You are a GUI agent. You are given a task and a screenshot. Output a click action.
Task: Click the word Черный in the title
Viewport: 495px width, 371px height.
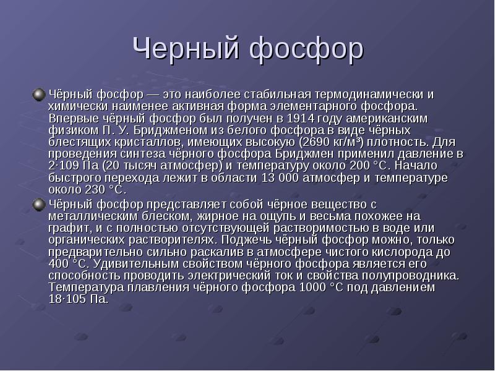click(x=186, y=48)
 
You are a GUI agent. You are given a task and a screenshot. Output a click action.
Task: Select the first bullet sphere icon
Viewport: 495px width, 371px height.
click(x=39, y=95)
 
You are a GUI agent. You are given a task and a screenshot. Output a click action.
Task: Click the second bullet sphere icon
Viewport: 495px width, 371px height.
click(x=39, y=205)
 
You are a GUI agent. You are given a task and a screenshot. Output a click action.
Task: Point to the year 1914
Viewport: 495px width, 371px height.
click(x=301, y=119)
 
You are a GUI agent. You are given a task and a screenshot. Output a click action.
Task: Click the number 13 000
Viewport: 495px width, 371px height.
click(x=280, y=178)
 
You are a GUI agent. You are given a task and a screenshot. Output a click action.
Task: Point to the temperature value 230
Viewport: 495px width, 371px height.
click(x=95, y=190)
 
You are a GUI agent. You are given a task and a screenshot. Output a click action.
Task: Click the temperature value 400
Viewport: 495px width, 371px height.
click(x=59, y=264)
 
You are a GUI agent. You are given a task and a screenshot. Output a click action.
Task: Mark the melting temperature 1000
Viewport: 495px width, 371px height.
click(x=312, y=288)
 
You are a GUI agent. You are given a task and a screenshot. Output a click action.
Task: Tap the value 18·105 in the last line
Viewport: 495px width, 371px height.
click(x=67, y=299)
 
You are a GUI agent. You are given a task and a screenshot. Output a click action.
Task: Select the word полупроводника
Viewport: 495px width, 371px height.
click(x=410, y=276)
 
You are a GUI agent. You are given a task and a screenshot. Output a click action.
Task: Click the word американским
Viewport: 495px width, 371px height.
click(x=387, y=119)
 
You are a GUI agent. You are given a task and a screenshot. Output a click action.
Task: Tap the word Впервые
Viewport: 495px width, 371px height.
click(x=74, y=119)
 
